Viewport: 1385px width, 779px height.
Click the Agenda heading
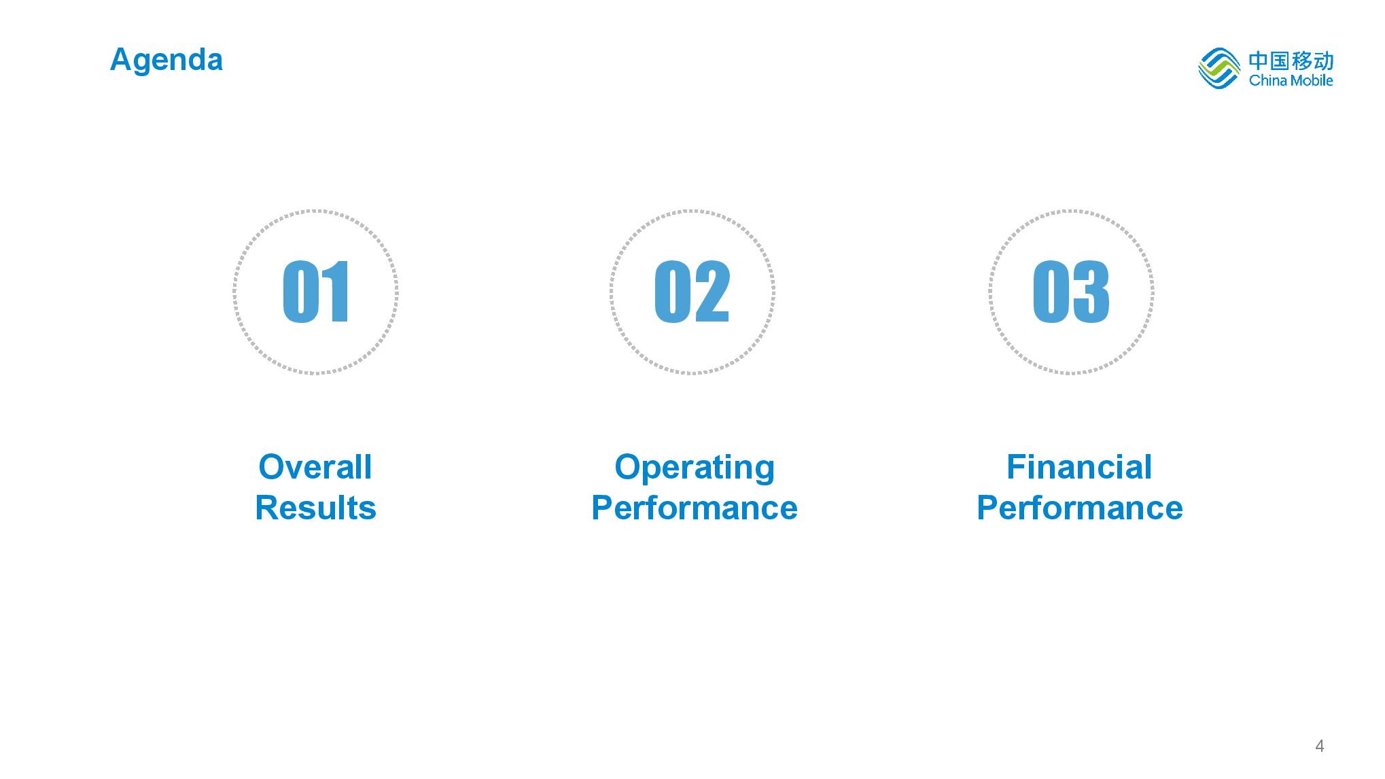[x=166, y=60]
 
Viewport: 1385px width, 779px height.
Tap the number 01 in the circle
[x=316, y=292]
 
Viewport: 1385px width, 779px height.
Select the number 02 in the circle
[x=692, y=292]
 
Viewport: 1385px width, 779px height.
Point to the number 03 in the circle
[x=1071, y=292]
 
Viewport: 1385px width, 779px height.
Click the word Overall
[x=315, y=467]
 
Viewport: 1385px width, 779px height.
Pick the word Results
[x=315, y=508]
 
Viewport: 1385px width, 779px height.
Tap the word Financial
[x=1079, y=467]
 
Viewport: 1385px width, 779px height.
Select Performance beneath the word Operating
[x=695, y=508]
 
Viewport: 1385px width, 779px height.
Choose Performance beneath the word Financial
[x=1080, y=508]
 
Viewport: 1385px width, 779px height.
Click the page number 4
[x=1320, y=746]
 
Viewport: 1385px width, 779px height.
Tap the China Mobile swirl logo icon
[x=1219, y=68]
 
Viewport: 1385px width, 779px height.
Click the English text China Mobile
[x=1291, y=80]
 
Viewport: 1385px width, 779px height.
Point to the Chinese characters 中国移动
[x=1291, y=60]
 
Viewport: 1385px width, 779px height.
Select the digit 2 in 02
[x=712, y=292]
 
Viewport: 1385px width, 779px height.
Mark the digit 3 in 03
[x=1091, y=292]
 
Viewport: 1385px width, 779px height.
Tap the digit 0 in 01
[x=300, y=292]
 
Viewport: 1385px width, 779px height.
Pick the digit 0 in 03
[x=1051, y=292]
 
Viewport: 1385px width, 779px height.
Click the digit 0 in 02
[x=672, y=292]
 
